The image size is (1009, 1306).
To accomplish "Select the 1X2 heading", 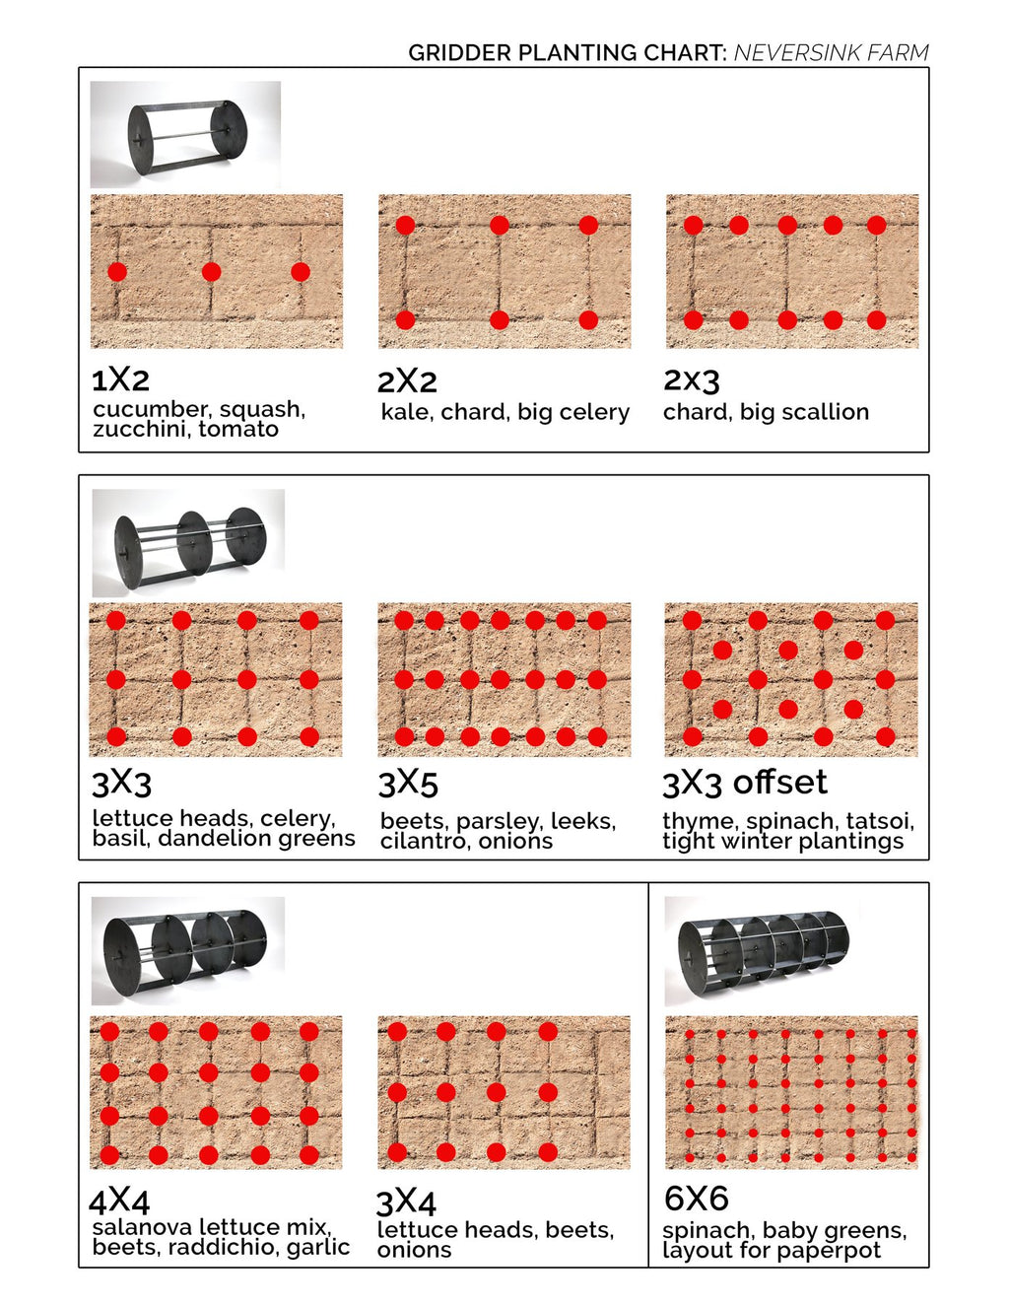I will coord(120,379).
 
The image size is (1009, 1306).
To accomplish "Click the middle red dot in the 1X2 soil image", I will coord(211,272).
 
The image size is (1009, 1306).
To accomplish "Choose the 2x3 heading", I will coord(691,379).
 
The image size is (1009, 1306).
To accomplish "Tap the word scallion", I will coord(824,412).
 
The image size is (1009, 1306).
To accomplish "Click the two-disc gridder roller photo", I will coord(185,134).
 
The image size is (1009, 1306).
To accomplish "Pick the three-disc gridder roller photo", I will coord(188,542).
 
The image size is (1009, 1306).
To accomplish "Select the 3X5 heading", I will coord(408,784).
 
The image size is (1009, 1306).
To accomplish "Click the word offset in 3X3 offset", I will coord(779,783).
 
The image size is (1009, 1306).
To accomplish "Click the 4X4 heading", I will coord(119,1201).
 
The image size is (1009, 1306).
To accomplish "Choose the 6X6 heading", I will coord(696,1199).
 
